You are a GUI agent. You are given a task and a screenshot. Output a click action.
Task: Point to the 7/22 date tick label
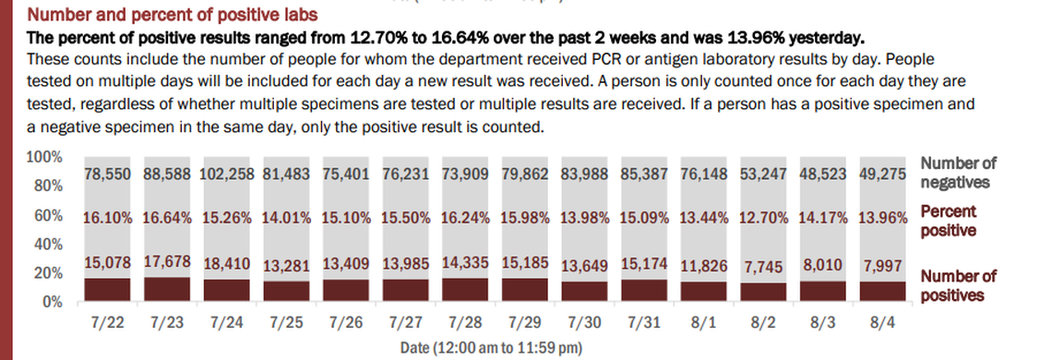click(109, 325)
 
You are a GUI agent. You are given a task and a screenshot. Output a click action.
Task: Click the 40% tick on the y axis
click(49, 245)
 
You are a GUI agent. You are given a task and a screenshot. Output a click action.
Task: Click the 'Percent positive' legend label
click(950, 221)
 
